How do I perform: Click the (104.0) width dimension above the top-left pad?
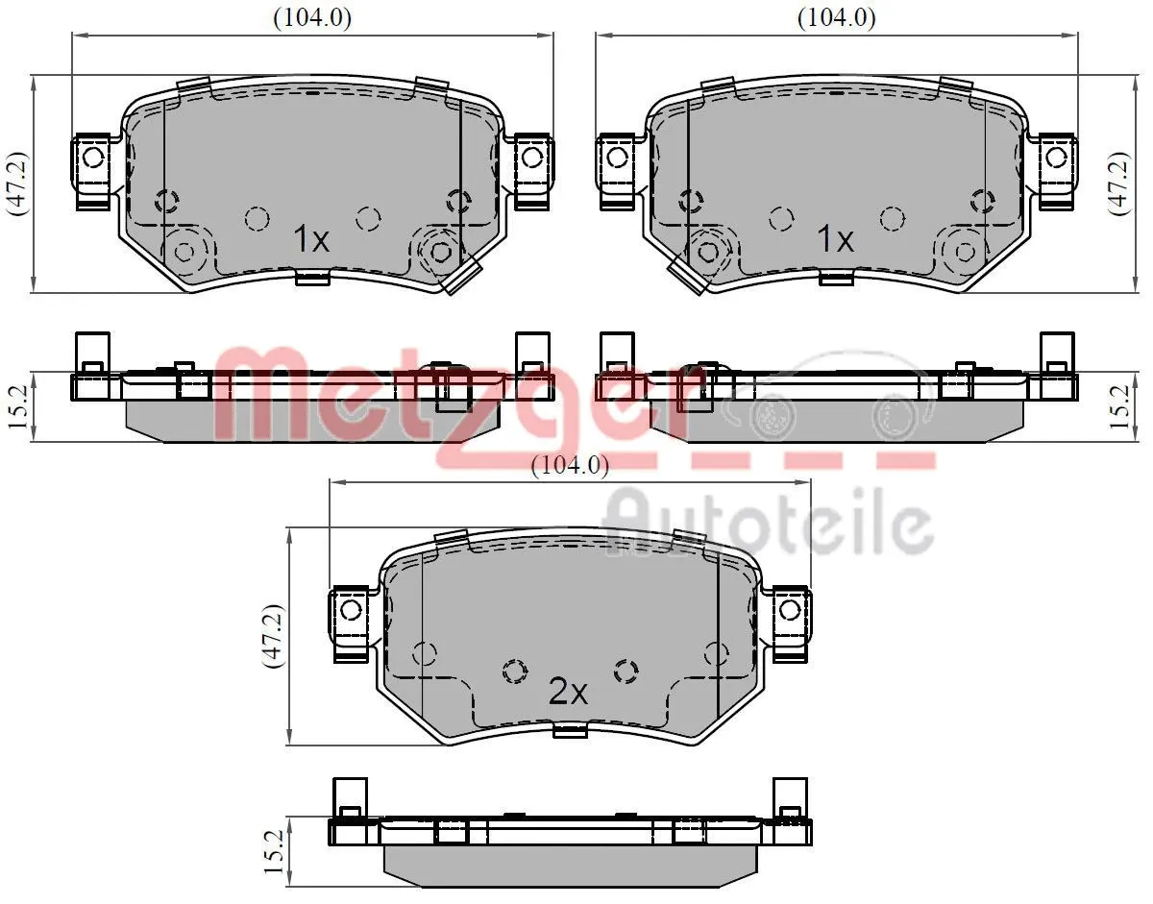[x=312, y=16]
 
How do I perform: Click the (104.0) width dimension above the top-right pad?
[x=836, y=16]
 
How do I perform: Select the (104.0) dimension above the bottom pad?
[x=571, y=466]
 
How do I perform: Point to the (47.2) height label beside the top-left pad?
[x=16, y=183]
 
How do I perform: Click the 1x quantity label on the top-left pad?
[x=310, y=239]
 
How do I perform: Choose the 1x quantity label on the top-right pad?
[x=834, y=239]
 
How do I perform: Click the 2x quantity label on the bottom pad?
[x=567, y=692]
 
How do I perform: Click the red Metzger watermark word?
[x=461, y=394]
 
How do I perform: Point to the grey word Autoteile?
[x=769, y=524]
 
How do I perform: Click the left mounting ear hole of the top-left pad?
[x=92, y=156]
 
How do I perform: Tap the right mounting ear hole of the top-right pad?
[x=1055, y=156]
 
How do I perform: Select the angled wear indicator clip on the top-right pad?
[x=687, y=276]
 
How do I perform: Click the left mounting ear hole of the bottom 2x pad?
[x=350, y=609]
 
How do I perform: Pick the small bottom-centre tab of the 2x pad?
[x=571, y=732]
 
